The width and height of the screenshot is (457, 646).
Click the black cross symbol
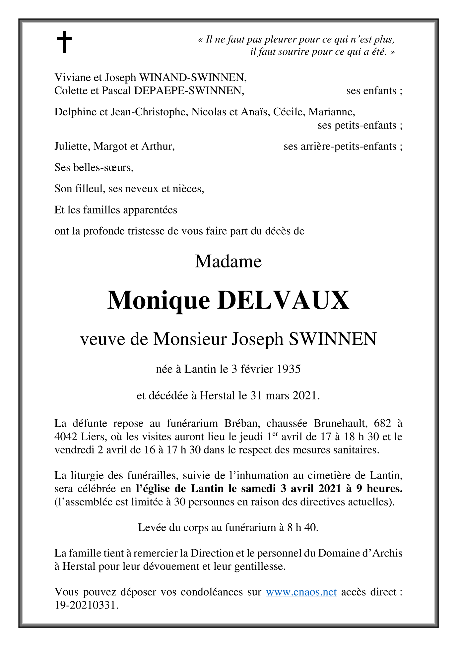64,42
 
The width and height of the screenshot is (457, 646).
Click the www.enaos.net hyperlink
301,592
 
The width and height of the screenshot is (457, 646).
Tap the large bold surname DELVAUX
283,300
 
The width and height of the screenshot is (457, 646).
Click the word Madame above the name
228,261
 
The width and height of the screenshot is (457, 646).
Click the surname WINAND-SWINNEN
193,77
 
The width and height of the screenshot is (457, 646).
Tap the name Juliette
72,146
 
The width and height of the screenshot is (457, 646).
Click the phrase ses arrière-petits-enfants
340,146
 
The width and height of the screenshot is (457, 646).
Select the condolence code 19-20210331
86,605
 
